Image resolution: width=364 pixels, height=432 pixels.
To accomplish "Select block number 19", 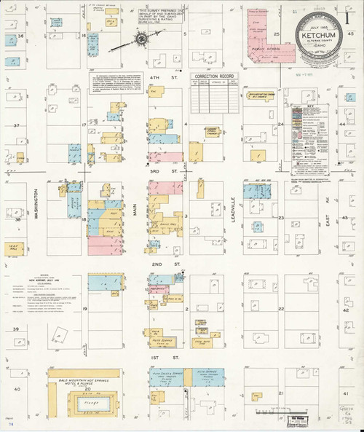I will point(85,310).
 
